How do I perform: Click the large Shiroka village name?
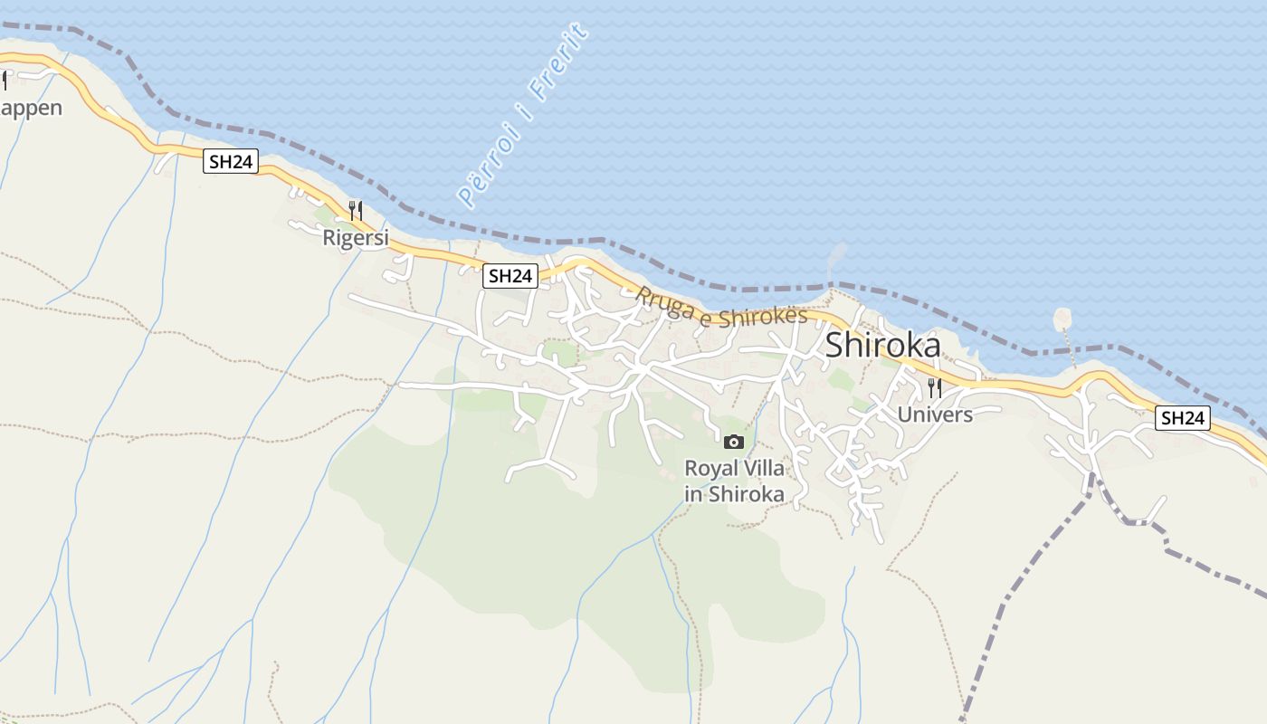[882, 345]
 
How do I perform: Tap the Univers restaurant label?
[935, 414]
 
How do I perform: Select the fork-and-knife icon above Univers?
[935, 388]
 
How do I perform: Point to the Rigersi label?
[356, 238]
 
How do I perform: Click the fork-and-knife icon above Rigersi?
[356, 211]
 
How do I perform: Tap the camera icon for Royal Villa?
[734, 442]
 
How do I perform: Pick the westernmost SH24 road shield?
[231, 162]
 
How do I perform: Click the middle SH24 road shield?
[510, 276]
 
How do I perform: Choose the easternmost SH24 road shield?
[1183, 417]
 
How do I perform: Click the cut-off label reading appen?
[31, 108]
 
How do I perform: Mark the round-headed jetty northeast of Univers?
[1062, 319]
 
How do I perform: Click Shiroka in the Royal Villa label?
[746, 494]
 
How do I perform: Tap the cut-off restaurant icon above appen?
[4, 81]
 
